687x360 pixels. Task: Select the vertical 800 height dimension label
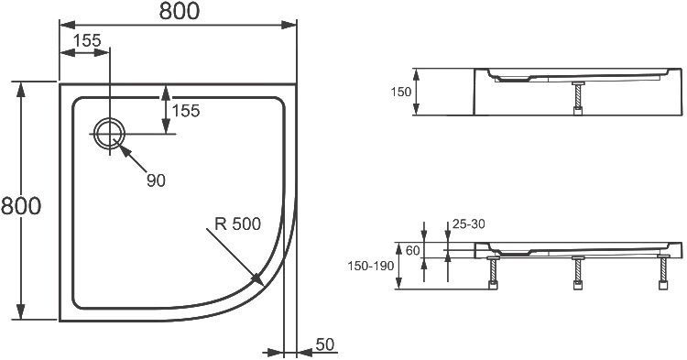[x=20, y=206]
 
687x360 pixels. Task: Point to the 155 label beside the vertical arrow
[x=186, y=110]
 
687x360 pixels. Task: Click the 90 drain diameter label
[x=155, y=180]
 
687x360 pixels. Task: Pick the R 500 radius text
[x=237, y=224]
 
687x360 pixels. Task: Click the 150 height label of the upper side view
[x=401, y=93]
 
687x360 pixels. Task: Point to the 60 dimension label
[x=412, y=250]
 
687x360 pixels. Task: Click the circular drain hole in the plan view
[x=109, y=133]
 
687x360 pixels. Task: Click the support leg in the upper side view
[x=578, y=98]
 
